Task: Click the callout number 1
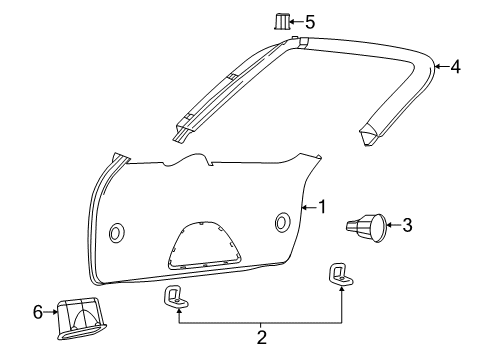pos(322,207)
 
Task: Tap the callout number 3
pos(406,225)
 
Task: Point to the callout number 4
pos(455,67)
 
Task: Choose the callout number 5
pos(309,20)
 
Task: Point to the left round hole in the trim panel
pos(116,232)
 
